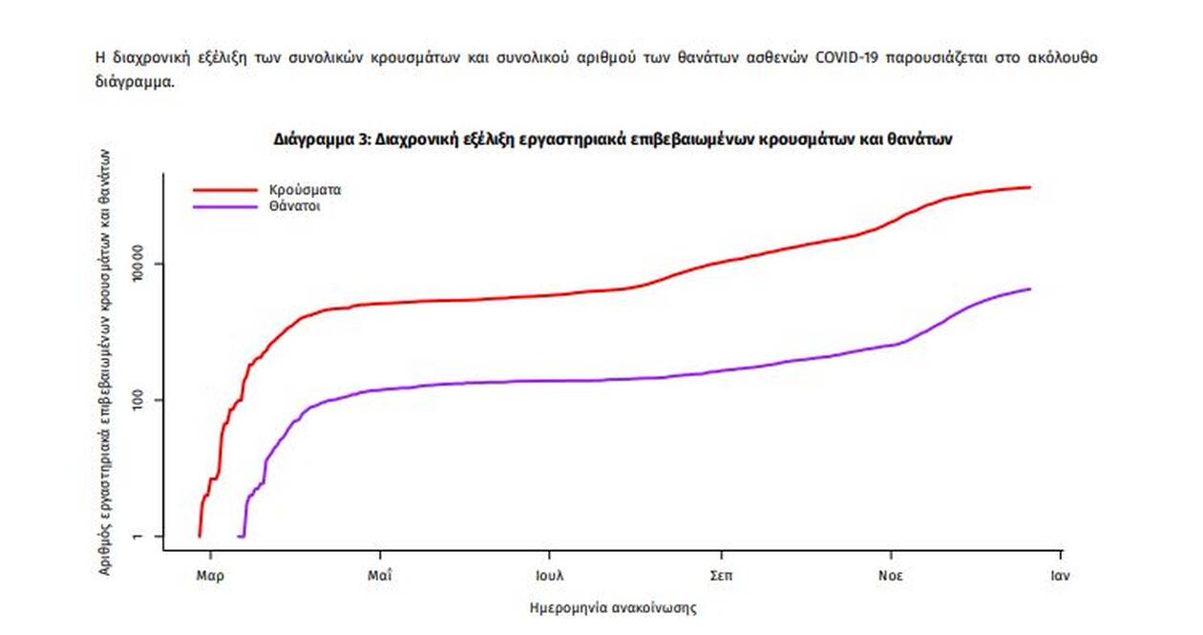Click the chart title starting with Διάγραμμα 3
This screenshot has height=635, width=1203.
click(x=613, y=138)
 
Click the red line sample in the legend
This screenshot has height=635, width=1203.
click(x=225, y=189)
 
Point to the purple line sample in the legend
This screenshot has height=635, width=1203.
click(x=225, y=205)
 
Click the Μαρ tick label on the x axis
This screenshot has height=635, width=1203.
click(x=210, y=576)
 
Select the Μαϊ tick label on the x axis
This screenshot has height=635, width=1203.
click(x=380, y=576)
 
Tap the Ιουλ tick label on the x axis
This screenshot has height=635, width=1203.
click(x=550, y=576)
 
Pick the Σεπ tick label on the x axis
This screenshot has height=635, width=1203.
click(x=721, y=576)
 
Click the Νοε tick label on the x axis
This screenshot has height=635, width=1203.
click(x=891, y=576)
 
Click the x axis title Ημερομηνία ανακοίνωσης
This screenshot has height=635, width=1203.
click(x=612, y=606)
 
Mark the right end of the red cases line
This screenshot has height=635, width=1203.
click(x=1030, y=187)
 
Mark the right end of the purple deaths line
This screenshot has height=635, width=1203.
click(x=1030, y=288)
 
